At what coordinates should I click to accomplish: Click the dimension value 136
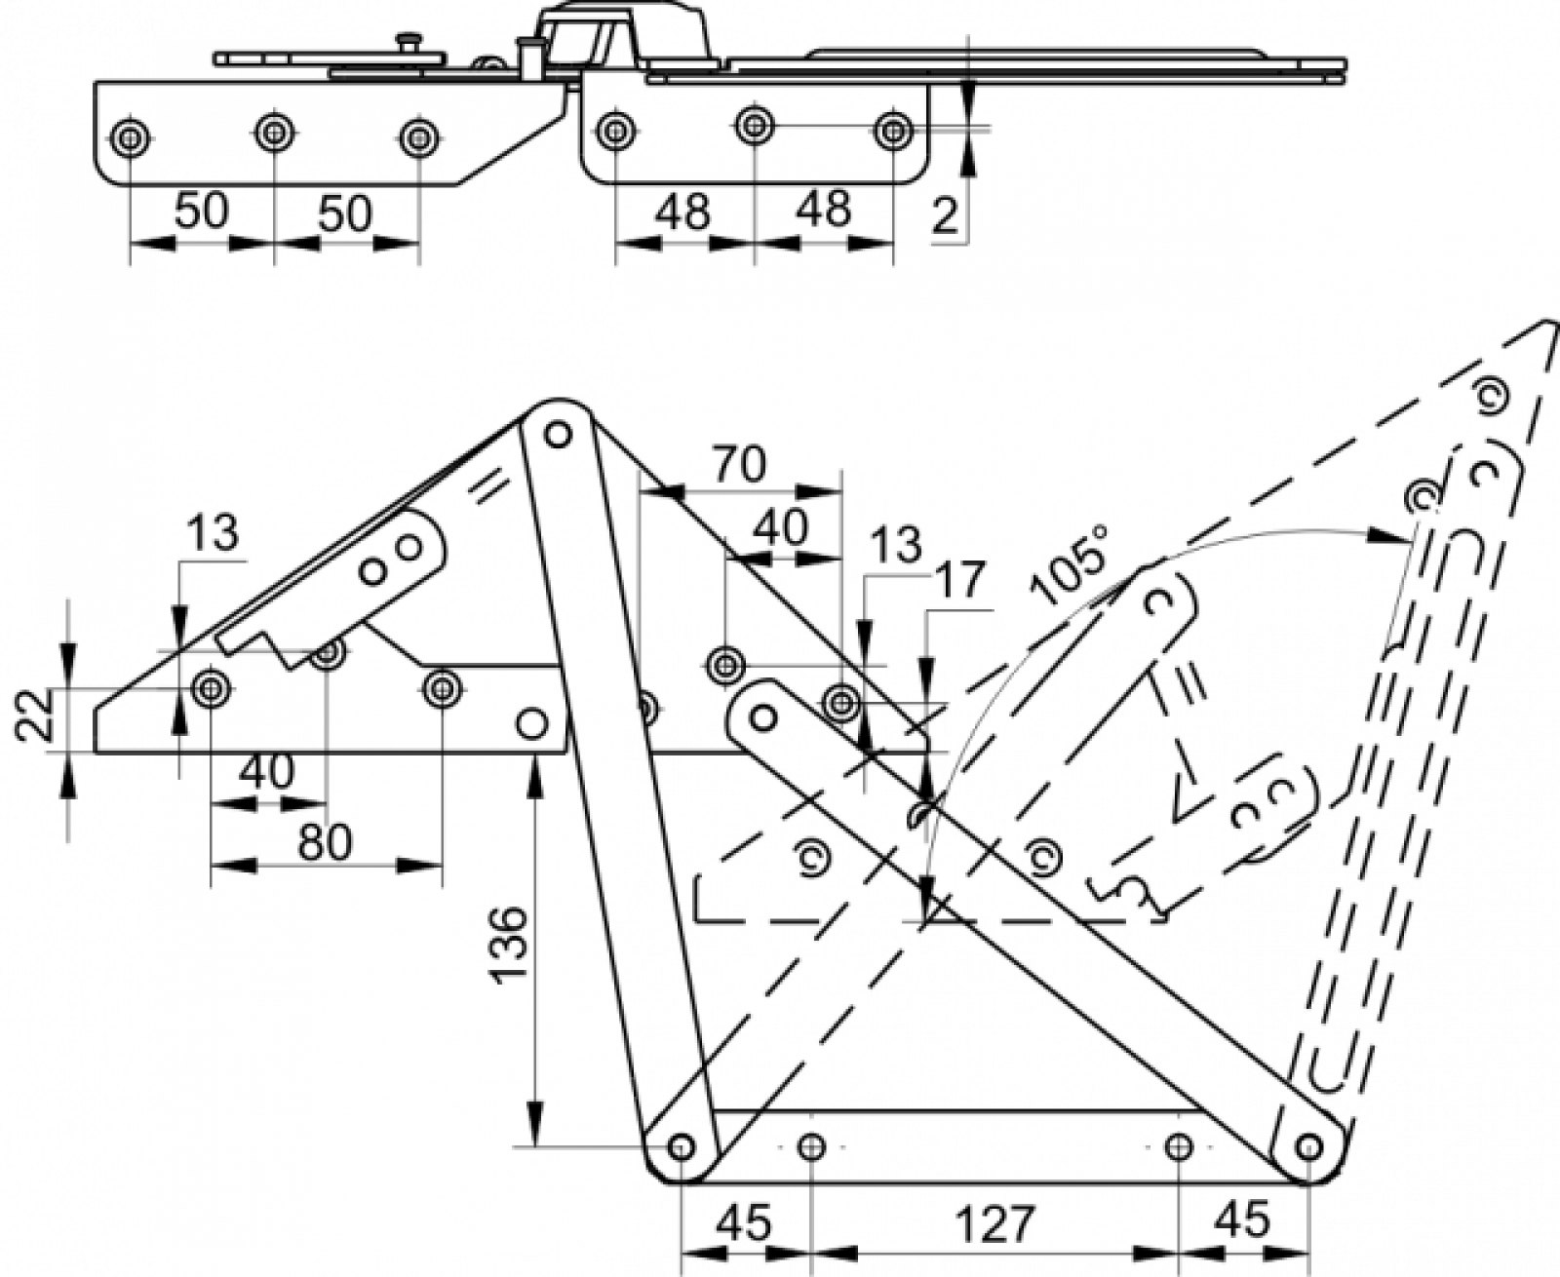tap(510, 944)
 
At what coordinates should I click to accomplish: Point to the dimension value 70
tap(739, 464)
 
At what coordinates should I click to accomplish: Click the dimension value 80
tap(326, 842)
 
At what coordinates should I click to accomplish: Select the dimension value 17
tap(960, 579)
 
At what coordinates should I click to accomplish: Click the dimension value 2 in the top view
tap(945, 216)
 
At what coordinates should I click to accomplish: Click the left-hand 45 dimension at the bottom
tap(743, 1222)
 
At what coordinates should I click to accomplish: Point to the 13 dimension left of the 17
tap(896, 545)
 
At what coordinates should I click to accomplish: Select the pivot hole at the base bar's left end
tap(682, 1146)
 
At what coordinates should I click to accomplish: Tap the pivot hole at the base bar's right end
tap(1309, 1146)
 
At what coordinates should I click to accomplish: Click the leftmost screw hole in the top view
tap(130, 137)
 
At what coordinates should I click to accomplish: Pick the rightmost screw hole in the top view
tap(893, 131)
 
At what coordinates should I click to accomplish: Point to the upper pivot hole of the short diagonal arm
tap(763, 716)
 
